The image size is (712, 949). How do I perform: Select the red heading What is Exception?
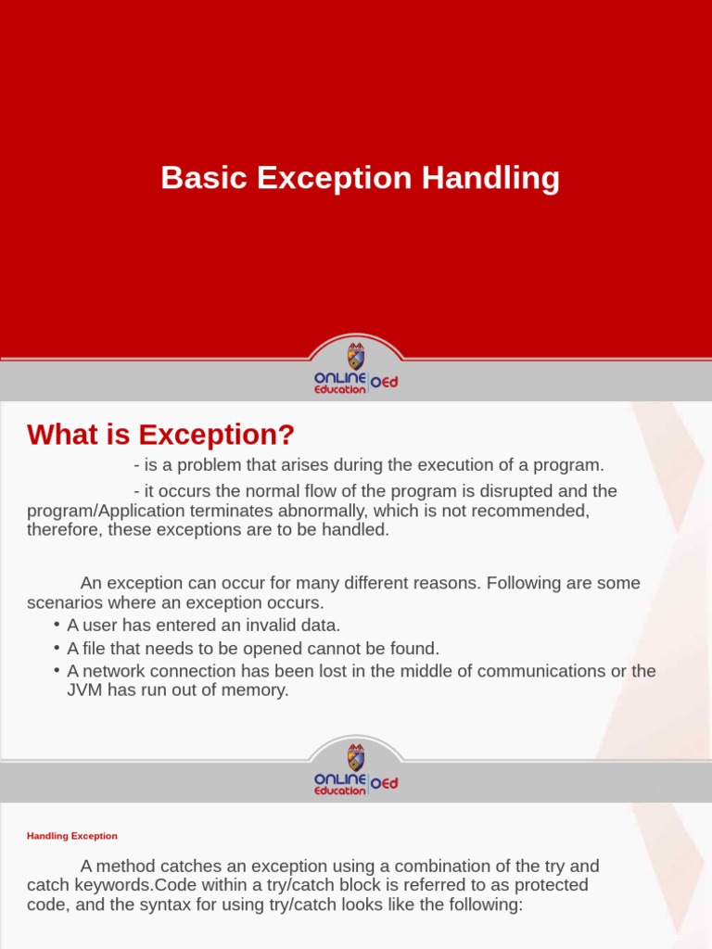click(160, 434)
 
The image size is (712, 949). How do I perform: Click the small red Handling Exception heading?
click(72, 836)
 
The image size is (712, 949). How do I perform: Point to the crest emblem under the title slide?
click(356, 356)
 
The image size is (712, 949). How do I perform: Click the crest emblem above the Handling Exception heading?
click(356, 757)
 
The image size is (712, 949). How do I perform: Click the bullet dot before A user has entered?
click(57, 625)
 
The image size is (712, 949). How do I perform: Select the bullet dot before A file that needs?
click(57, 648)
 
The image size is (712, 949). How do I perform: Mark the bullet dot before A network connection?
click(57, 670)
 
